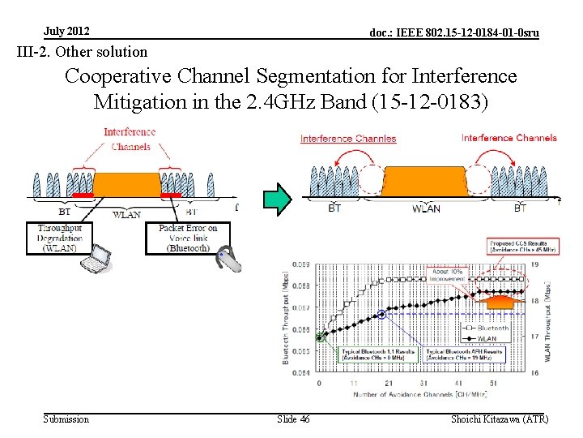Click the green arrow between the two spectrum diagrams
coord(277,200)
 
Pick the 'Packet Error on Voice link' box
coord(188,238)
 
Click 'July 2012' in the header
coord(67,32)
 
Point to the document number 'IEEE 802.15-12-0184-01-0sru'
coord(453,33)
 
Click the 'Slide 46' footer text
coord(293,419)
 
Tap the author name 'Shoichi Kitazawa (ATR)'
coord(501,419)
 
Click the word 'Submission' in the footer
coord(66,419)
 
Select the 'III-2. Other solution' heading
coord(83,52)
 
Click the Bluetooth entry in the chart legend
coord(492,328)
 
